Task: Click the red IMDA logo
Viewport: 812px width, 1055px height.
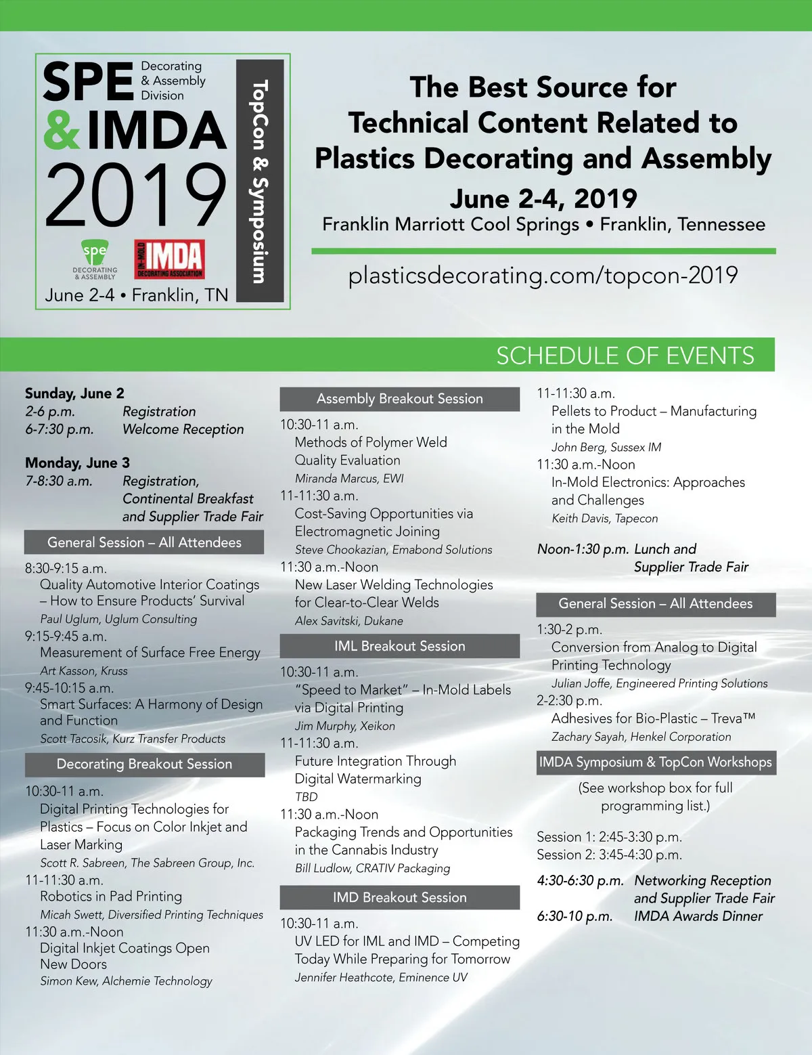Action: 169,260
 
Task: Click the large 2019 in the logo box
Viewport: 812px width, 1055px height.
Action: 135,196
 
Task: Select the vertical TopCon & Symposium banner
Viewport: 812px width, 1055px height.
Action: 260,181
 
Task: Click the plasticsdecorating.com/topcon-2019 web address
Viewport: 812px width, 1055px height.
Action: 543,276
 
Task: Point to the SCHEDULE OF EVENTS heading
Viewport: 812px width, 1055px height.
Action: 625,356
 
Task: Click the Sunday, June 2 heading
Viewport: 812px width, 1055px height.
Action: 74,393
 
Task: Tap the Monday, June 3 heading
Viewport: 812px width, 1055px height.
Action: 77,463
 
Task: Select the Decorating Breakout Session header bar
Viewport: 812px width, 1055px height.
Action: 144,765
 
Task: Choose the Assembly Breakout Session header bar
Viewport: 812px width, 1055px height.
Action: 399,399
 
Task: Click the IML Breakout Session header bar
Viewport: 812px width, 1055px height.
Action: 399,646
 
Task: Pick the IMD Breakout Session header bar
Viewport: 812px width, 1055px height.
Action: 399,898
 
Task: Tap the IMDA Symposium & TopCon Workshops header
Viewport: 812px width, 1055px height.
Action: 655,762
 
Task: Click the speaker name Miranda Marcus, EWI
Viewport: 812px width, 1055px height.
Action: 349,478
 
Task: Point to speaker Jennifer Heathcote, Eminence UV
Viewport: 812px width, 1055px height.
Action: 381,977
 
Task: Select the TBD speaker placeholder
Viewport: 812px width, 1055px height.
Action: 306,797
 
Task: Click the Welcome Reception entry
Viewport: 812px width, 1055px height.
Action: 183,429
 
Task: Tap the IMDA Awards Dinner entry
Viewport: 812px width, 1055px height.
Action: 698,916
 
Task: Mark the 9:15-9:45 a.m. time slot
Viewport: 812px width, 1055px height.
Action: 66,637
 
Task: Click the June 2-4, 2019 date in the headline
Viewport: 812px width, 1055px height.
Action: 543,198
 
